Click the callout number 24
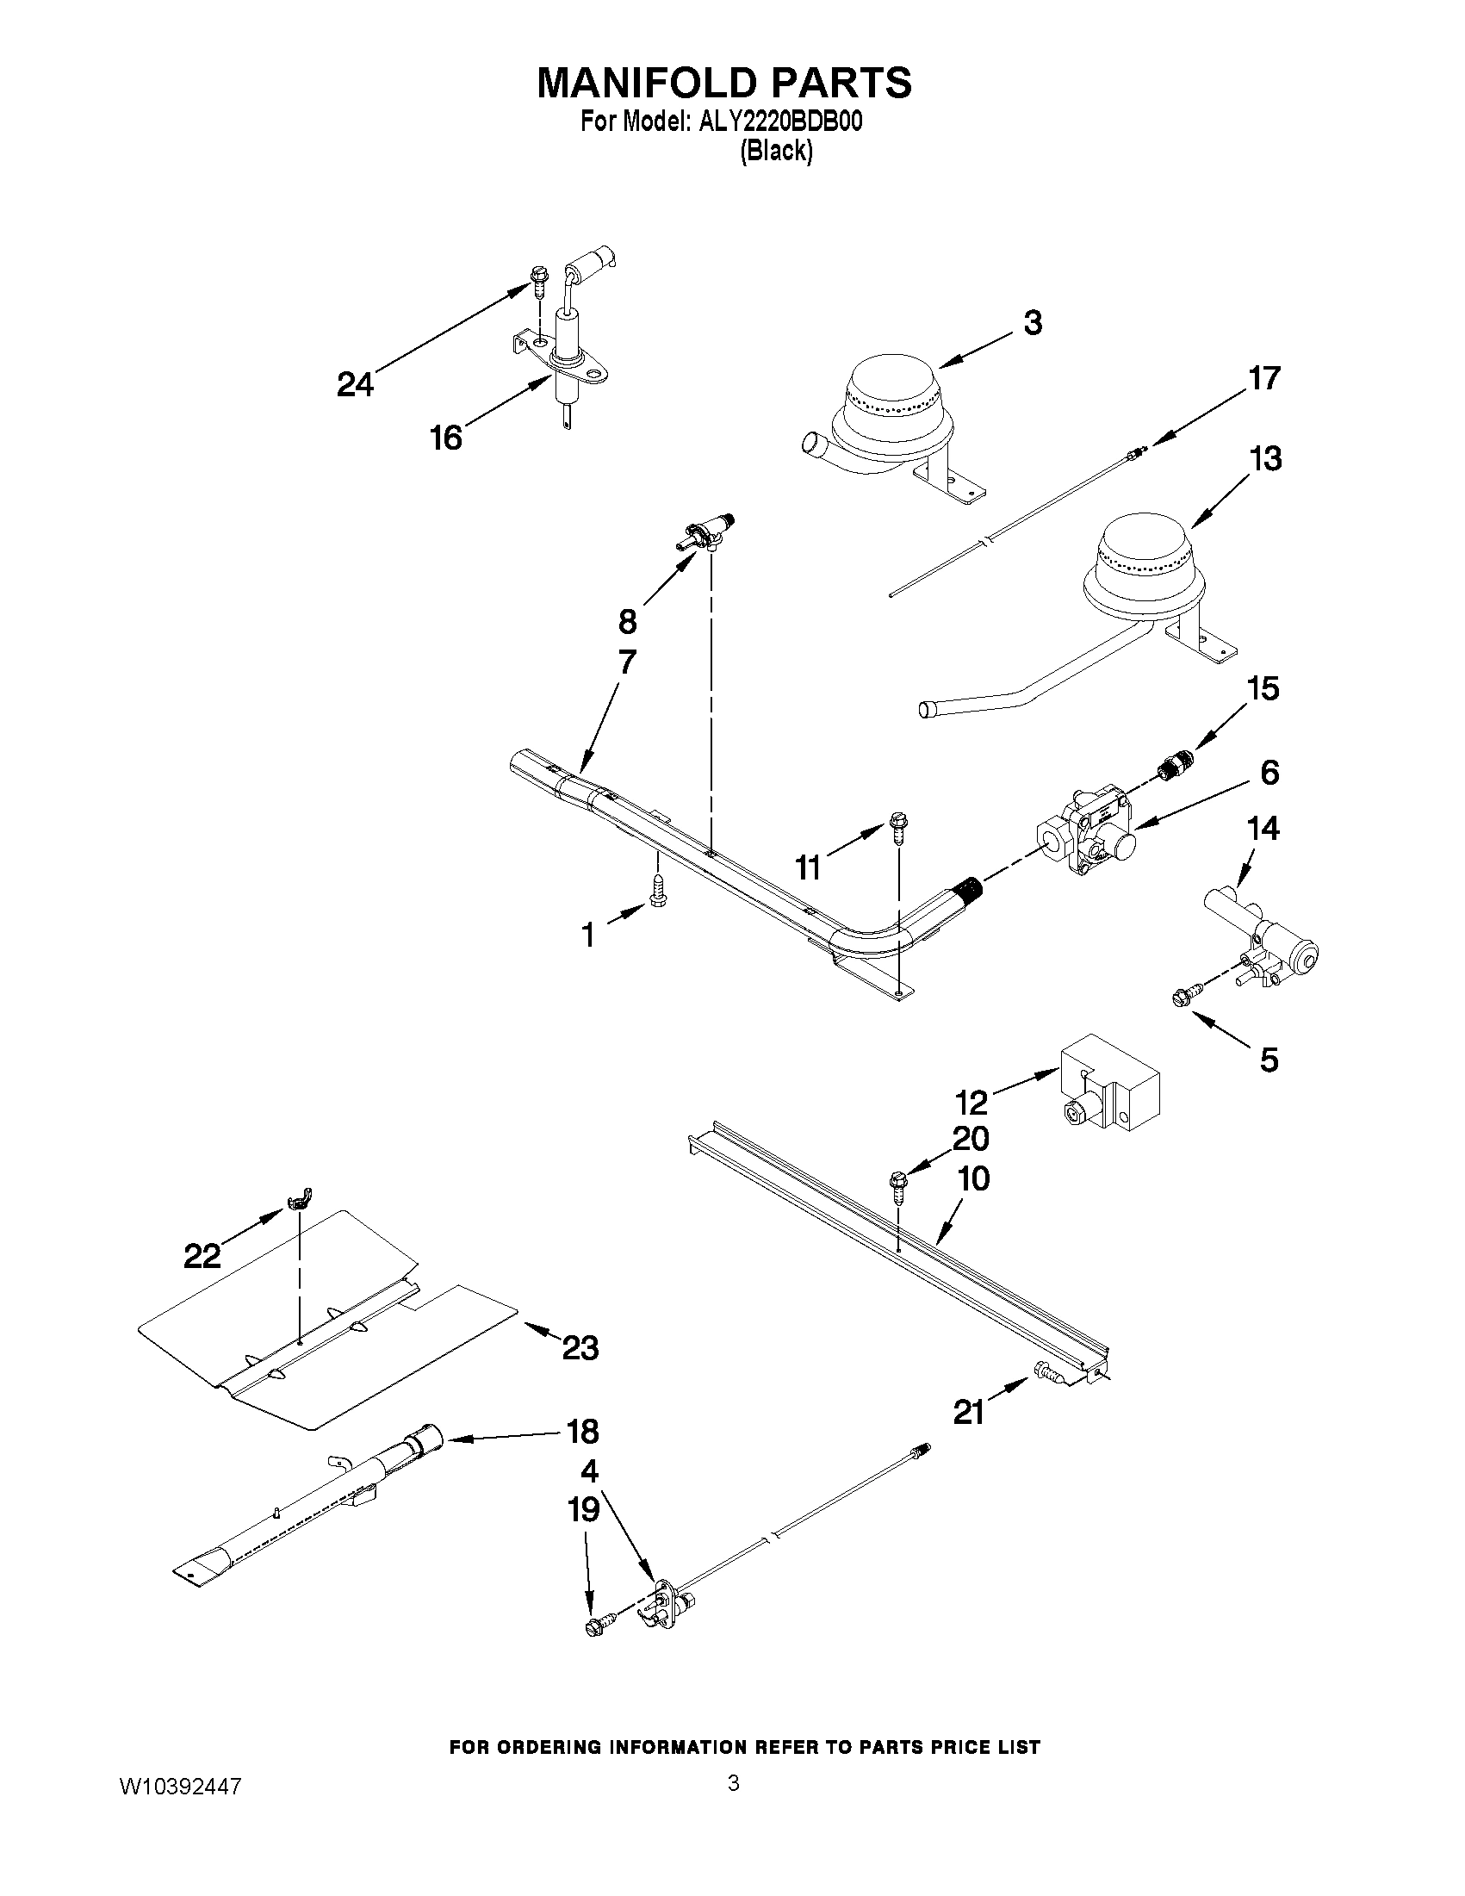point(355,383)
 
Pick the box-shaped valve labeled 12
point(1109,1094)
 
